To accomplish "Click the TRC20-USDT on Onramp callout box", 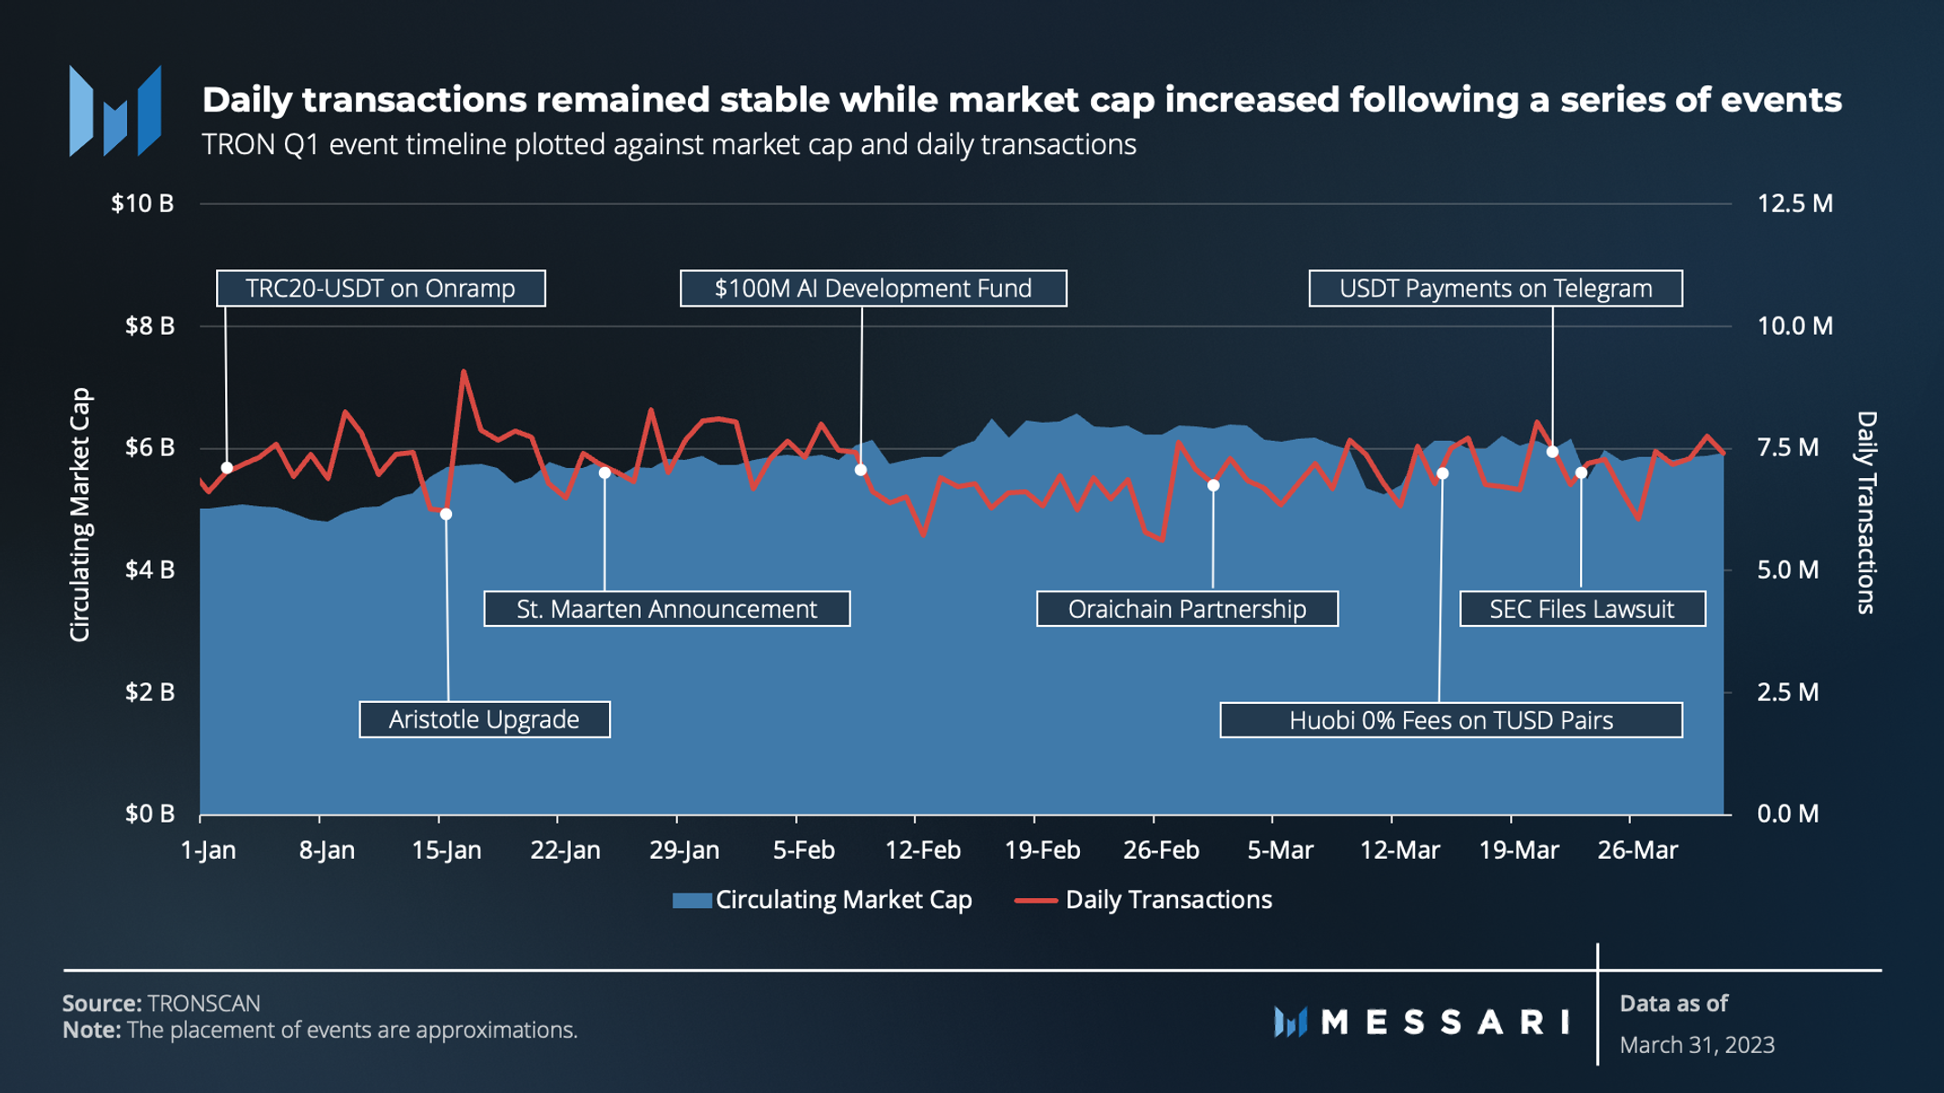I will (380, 288).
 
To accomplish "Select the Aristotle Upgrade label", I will (484, 719).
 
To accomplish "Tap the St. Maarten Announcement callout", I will (666, 609).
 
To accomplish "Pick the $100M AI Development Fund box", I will (873, 288).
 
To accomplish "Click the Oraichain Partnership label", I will (1186, 609).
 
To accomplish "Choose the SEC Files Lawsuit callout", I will (1582, 609).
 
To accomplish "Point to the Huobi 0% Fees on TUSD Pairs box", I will (1450, 720).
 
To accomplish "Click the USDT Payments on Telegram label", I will (1495, 288).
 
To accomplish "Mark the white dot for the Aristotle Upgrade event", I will (446, 514).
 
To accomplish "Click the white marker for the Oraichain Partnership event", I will (1213, 485).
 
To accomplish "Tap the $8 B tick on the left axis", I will (150, 326).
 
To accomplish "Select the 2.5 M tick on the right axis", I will (1788, 693).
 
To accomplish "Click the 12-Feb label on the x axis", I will (922, 851).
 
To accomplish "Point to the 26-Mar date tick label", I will (1637, 851).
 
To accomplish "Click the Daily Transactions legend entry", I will (1144, 900).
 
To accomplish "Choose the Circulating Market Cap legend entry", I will (822, 900).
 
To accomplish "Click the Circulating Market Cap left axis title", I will (80, 514).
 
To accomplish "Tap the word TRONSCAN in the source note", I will (204, 1003).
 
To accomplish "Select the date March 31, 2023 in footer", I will (1696, 1045).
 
